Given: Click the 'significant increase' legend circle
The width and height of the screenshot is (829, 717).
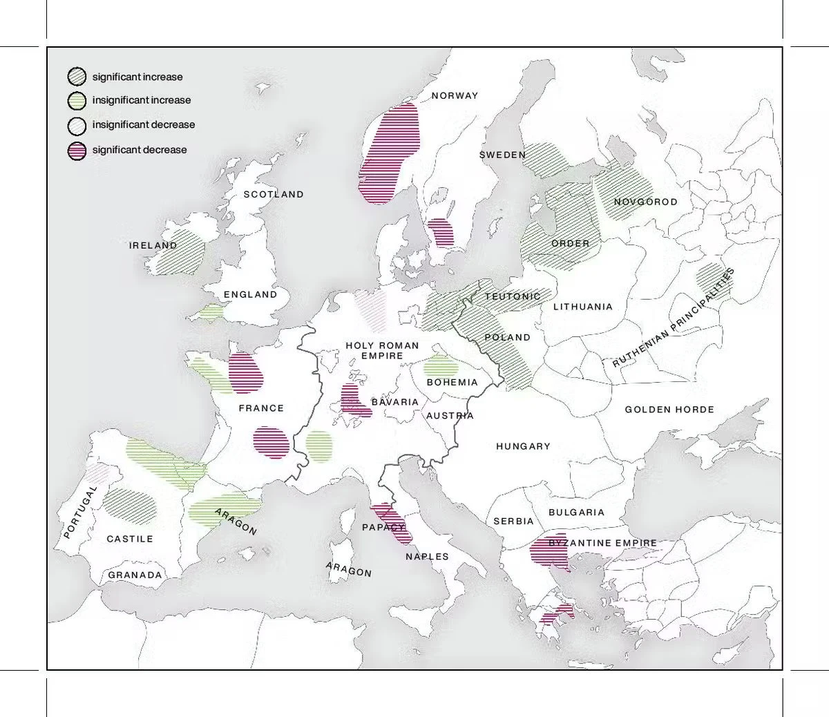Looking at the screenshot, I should (x=77, y=77).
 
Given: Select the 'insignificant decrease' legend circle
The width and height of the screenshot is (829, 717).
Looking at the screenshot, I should (x=77, y=126).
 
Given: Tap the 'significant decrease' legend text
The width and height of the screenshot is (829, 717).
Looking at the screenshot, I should (x=140, y=150).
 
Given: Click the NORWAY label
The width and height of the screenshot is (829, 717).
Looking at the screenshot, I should (x=455, y=96).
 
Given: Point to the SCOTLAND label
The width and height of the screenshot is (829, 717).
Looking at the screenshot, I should (x=274, y=195).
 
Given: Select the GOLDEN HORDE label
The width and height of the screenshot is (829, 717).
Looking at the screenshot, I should (x=669, y=410).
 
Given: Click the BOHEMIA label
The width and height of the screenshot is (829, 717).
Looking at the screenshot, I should (x=452, y=383).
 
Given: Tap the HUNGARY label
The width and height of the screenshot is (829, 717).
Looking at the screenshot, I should (x=523, y=447).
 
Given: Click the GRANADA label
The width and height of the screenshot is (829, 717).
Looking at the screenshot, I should (x=135, y=575).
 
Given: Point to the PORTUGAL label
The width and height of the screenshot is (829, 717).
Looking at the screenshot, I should (x=81, y=512).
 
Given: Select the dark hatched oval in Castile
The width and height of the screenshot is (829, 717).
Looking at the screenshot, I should (x=131, y=504).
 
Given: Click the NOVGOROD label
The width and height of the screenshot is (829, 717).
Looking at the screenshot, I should (x=645, y=202).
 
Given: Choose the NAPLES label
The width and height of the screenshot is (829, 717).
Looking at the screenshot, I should (x=427, y=557).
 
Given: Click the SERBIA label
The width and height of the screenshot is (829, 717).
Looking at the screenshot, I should (x=513, y=522).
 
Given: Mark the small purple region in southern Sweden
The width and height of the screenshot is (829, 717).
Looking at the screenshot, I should (x=441, y=233).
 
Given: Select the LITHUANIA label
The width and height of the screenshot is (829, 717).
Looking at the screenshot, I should (x=582, y=307).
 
